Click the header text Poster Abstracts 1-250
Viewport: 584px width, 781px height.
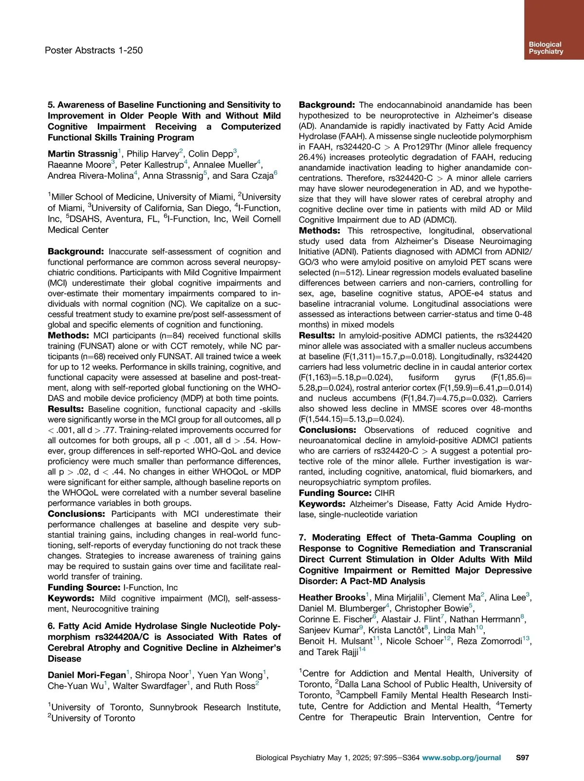pos(93,50)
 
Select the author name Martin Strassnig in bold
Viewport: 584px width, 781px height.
pos(83,154)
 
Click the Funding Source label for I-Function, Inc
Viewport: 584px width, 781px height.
pos(84,587)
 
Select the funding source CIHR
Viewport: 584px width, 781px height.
pos(384,493)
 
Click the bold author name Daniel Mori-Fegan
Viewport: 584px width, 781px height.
pos(87,675)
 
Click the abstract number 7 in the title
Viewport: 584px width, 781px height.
pos(302,537)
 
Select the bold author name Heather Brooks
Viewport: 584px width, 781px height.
pos(332,597)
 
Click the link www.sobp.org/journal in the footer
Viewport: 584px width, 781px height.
pos(461,757)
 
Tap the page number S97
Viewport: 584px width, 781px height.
pos(522,757)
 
